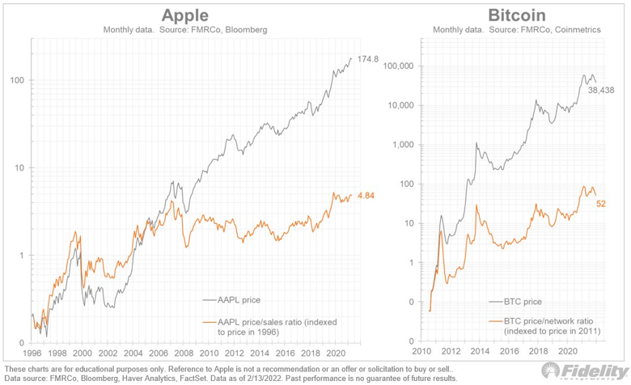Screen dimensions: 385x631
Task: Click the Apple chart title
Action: [x=184, y=15]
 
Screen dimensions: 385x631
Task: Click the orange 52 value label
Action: [x=602, y=203]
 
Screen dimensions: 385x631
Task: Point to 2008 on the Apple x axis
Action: [x=185, y=353]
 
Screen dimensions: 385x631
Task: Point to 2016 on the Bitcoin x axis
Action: [x=509, y=353]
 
